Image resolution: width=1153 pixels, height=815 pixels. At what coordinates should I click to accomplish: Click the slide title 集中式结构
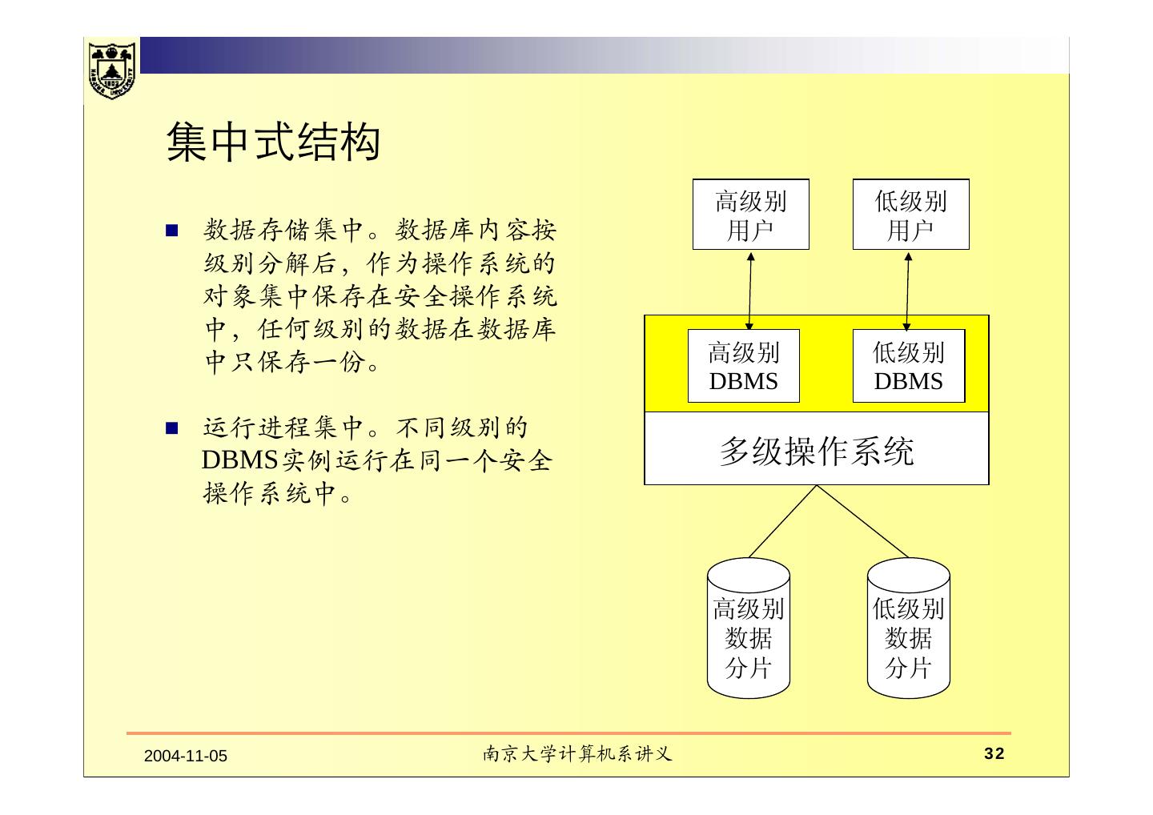(272, 143)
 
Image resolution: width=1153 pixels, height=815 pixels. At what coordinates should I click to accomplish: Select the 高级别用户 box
(750, 215)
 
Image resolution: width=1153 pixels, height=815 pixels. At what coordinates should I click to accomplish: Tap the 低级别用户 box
(910, 215)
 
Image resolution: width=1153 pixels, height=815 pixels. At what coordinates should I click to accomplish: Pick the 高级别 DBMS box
(744, 366)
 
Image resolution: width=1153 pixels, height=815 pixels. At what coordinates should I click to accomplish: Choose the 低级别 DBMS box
(908, 366)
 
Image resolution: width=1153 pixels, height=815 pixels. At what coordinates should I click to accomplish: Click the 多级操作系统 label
(816, 452)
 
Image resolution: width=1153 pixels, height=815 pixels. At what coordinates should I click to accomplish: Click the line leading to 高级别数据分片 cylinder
(782, 521)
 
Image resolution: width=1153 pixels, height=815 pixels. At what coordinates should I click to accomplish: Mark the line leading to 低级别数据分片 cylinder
(863, 521)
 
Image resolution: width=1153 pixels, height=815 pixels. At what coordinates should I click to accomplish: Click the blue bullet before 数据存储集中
(171, 231)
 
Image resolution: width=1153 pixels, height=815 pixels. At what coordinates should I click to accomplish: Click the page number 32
(994, 754)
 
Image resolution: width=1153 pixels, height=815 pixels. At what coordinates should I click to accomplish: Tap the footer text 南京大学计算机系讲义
(576, 754)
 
